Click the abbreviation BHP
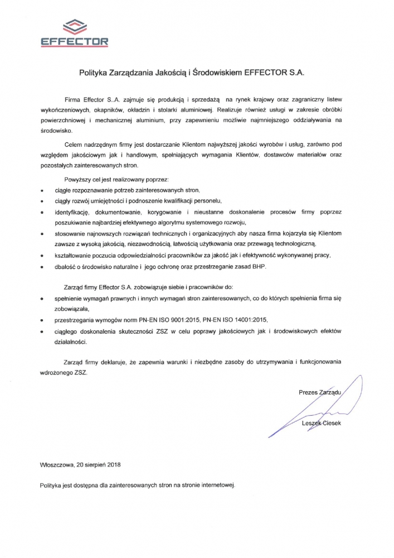pyautogui.click(x=259, y=267)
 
